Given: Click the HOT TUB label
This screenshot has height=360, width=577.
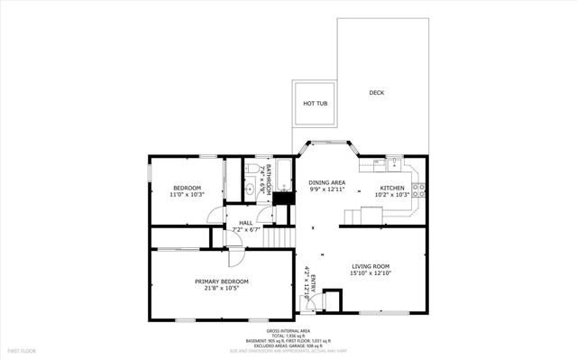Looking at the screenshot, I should pos(315,104).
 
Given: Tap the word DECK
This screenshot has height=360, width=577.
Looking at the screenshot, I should pos(377,93).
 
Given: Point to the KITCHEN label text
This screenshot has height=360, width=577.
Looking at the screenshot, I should pos(391,188).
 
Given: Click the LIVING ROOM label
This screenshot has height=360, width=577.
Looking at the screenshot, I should pos(370,267).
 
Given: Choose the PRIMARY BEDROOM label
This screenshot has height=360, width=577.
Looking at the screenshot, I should pos(222,282).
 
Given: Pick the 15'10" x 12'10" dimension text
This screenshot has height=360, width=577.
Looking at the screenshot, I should pos(370,274).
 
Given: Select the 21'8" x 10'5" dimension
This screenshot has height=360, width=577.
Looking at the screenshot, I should pos(222,289).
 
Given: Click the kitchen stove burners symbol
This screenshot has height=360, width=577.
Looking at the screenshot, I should pos(417,189).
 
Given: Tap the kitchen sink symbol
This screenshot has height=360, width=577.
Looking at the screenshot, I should pos(394,164).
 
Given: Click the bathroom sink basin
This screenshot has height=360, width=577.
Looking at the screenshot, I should pos(250,190).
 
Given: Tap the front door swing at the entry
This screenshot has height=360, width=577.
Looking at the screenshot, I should pos(305,300).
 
